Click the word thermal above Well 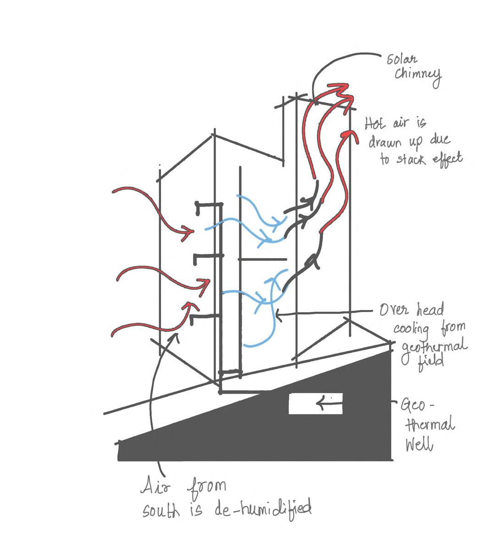[x=431, y=424]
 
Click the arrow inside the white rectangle [x=329, y=404]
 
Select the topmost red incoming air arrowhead [x=188, y=232]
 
